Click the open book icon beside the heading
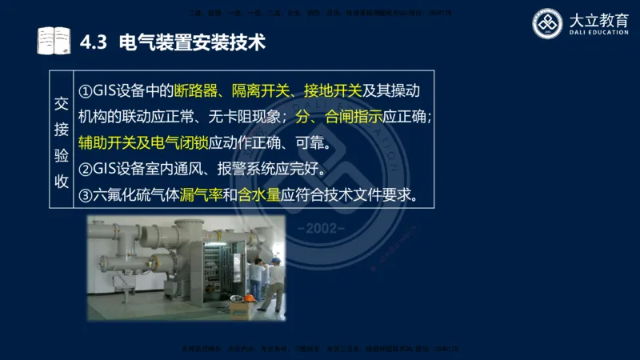pos(54,41)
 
